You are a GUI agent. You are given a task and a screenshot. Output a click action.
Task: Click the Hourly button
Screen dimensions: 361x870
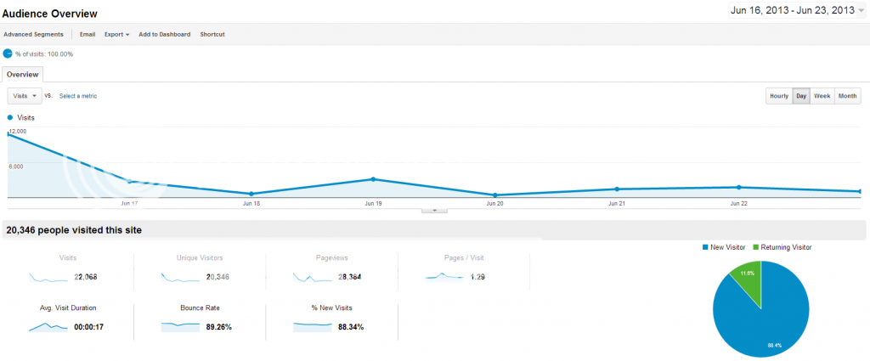779,96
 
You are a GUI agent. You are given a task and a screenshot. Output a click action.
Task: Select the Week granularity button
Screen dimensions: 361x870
822,96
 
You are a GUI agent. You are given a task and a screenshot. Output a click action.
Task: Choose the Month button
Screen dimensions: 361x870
847,96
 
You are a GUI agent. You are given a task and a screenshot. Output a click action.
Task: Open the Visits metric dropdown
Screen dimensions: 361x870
25,96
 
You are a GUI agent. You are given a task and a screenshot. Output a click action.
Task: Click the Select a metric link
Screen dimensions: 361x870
78,96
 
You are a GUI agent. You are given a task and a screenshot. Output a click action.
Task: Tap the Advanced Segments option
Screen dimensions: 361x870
34,34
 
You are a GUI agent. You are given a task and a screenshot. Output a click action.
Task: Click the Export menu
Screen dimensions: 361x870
116,34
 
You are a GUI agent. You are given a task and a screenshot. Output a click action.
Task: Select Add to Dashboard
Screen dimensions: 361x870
165,34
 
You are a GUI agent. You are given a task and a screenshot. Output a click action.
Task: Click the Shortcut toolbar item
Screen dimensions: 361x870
212,34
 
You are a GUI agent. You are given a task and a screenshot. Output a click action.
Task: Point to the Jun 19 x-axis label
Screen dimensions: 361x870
373,204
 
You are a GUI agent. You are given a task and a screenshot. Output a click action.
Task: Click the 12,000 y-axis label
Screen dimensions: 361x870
17,132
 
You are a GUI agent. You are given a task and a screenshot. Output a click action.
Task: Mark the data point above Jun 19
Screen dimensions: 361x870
373,179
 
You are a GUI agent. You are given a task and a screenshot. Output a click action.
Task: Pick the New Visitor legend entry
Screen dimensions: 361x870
724,247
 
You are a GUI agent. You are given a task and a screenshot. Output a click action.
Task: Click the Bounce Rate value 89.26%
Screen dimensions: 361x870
213,327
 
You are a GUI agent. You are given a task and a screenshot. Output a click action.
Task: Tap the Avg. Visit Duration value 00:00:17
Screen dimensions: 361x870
88,327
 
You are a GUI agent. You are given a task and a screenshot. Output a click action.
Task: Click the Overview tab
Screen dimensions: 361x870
23,75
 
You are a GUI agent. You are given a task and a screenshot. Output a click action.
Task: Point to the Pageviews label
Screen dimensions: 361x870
331,257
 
